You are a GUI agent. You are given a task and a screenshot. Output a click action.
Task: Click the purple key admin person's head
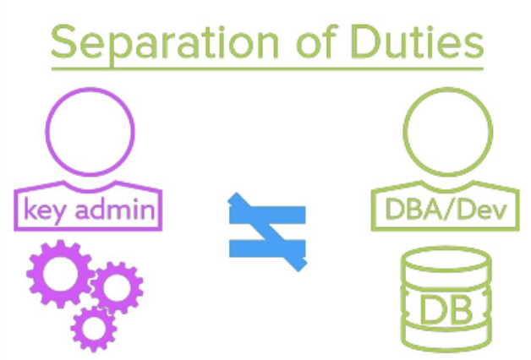pos(89,125)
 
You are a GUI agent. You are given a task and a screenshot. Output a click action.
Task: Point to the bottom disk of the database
pos(445,338)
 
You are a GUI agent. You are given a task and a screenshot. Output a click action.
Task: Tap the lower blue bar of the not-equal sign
pos(266,247)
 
